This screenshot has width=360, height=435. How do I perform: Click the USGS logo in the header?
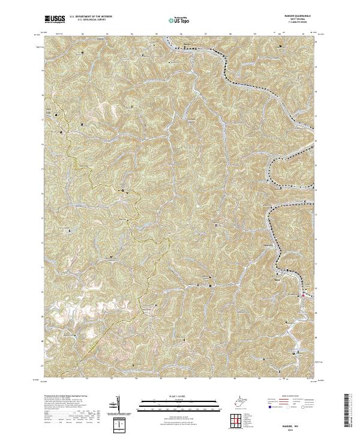pos(55,20)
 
